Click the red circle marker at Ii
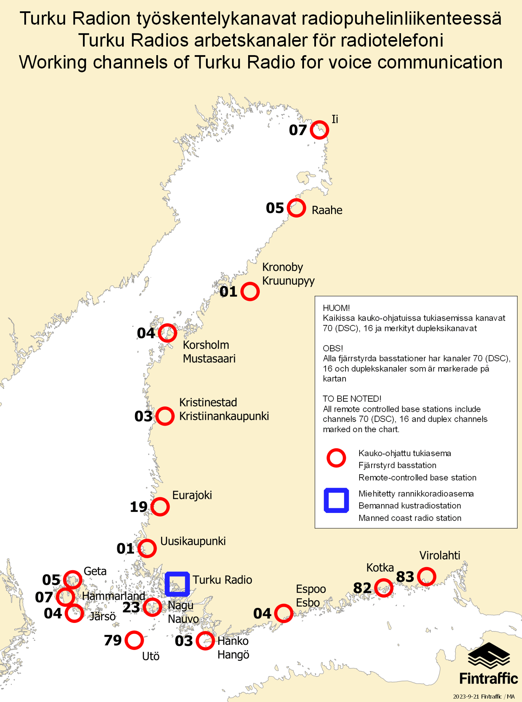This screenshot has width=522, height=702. pyautogui.click(x=319, y=130)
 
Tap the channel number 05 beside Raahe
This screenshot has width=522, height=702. pyautogui.click(x=275, y=208)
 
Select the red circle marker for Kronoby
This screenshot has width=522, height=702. pyautogui.click(x=250, y=291)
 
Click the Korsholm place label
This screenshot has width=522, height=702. pyautogui.click(x=206, y=345)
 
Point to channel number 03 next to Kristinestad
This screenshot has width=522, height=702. pyautogui.click(x=143, y=416)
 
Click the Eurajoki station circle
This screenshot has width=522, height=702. pyautogui.click(x=160, y=507)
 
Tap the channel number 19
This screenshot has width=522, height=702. pyautogui.click(x=138, y=507)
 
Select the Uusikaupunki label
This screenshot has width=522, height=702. pyautogui.click(x=193, y=541)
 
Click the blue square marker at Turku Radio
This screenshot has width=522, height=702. pyautogui.click(x=178, y=584)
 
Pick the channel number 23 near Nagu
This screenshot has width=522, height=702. pyautogui.click(x=131, y=607)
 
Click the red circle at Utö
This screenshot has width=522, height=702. pyautogui.click(x=134, y=640)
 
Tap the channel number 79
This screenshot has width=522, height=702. pyautogui.click(x=112, y=640)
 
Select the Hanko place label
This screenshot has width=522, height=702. pyautogui.click(x=233, y=641)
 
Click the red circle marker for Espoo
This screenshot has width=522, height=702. pyautogui.click(x=283, y=613)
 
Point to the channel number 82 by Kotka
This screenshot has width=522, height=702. pyautogui.click(x=362, y=588)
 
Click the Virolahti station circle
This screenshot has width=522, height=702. pyautogui.click(x=427, y=577)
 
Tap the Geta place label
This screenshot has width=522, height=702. pyautogui.click(x=95, y=571)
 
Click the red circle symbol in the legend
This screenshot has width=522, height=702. pyautogui.click(x=336, y=458)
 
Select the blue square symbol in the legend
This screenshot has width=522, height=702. pyautogui.click(x=336, y=500)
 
